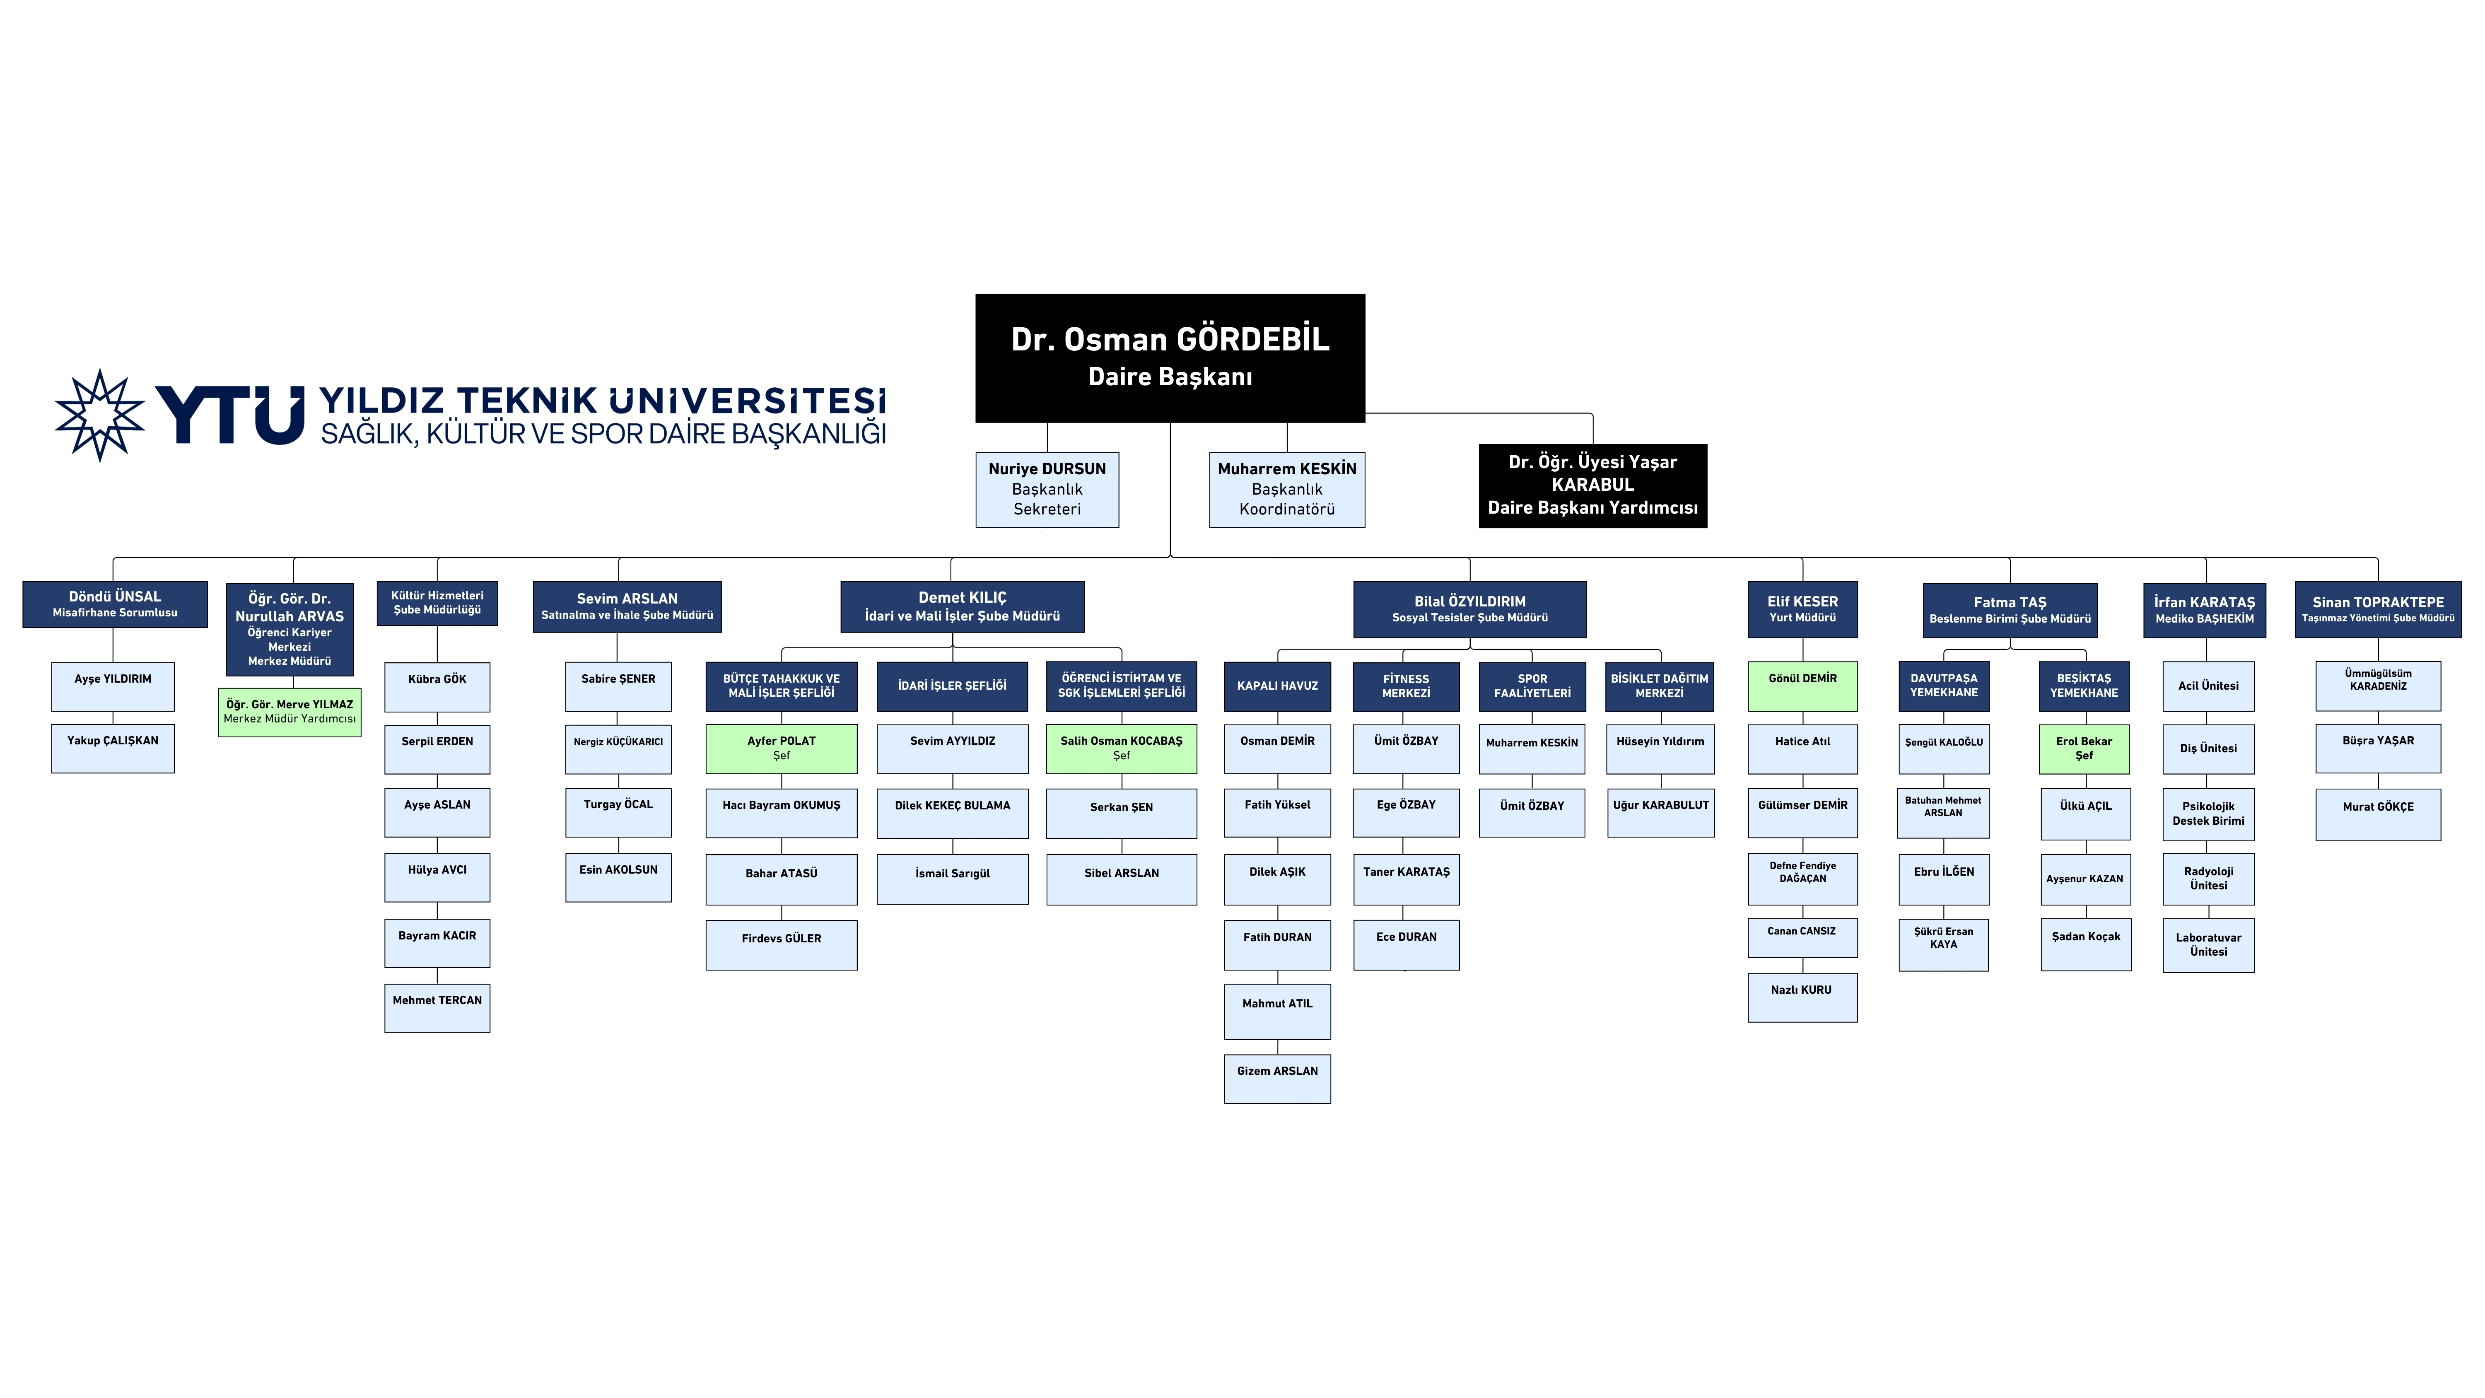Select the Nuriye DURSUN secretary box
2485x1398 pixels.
[x=1047, y=489]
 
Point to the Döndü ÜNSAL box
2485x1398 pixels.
[x=115, y=604]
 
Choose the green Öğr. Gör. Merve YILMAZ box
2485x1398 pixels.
[x=290, y=712]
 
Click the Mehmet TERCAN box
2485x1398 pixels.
[x=437, y=1007]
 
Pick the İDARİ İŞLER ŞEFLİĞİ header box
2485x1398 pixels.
[x=952, y=686]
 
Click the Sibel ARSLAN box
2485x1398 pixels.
[x=1121, y=879]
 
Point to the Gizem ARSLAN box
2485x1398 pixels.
[x=1277, y=1078]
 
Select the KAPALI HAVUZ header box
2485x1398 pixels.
[x=1277, y=686]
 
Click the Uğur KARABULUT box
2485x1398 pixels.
[x=1660, y=811]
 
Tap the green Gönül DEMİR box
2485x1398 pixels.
[x=1802, y=686]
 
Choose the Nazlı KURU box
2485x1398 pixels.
[x=1802, y=997]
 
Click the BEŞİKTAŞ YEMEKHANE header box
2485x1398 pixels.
[x=2084, y=686]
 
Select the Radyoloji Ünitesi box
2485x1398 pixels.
[x=2208, y=878]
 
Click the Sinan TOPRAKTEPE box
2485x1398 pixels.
[x=2378, y=609]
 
